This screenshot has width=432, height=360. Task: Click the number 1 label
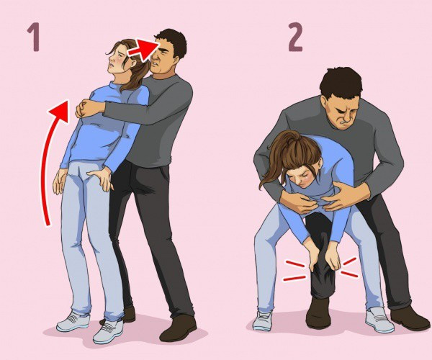click(x=34, y=37)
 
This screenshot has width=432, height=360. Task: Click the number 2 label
click(x=295, y=37)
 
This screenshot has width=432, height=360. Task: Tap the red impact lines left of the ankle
click(x=294, y=271)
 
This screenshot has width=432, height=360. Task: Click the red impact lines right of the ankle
click(x=349, y=266)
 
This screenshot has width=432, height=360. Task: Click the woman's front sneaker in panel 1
click(x=108, y=331)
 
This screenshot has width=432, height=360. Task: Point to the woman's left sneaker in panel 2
click(x=261, y=320)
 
